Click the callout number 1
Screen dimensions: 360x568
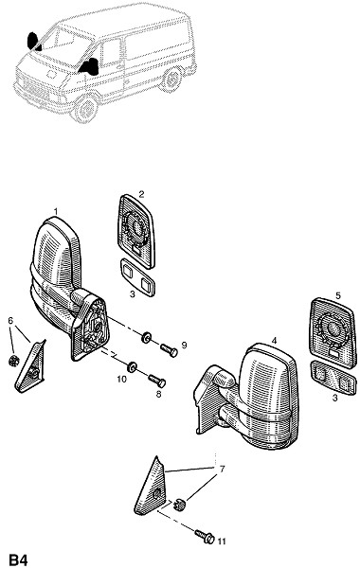click(56, 211)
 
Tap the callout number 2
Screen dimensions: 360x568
click(141, 194)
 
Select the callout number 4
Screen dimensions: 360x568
click(274, 341)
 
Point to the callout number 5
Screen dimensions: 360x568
click(338, 296)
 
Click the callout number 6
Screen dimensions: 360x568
click(10, 321)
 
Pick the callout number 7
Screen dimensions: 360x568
click(222, 470)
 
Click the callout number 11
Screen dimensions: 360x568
click(222, 541)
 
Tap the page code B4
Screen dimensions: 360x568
click(18, 559)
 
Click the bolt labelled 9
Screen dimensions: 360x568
click(169, 350)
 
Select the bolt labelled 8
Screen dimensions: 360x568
click(157, 381)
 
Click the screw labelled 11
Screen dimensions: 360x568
click(205, 537)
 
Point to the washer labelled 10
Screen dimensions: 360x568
click(132, 367)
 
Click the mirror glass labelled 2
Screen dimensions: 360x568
click(136, 232)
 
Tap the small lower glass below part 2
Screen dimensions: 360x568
click(137, 277)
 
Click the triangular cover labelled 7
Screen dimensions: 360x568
click(151, 488)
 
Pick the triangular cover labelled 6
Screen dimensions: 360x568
click(31, 365)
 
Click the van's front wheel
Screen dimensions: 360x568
click(86, 108)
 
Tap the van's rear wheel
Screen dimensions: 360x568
click(172, 80)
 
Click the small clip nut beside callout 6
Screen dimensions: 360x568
click(14, 361)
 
